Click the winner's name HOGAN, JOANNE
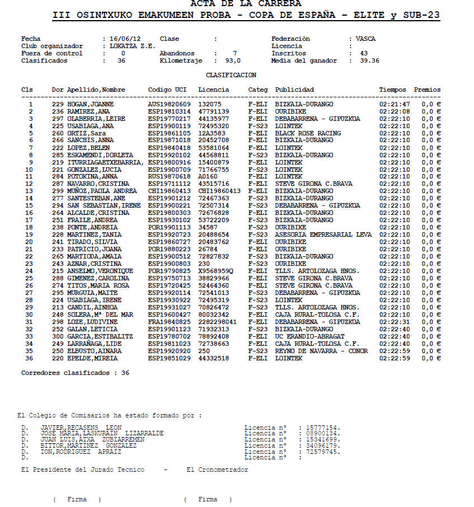(90, 104)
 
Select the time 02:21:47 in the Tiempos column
(395, 104)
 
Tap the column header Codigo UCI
(167, 90)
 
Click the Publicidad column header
(294, 90)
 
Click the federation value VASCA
(366, 39)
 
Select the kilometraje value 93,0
(233, 61)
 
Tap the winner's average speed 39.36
(369, 61)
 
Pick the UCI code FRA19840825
(169, 322)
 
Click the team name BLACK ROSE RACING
(308, 133)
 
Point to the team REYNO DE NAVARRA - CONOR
(321, 351)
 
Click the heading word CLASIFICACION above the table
(231, 75)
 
